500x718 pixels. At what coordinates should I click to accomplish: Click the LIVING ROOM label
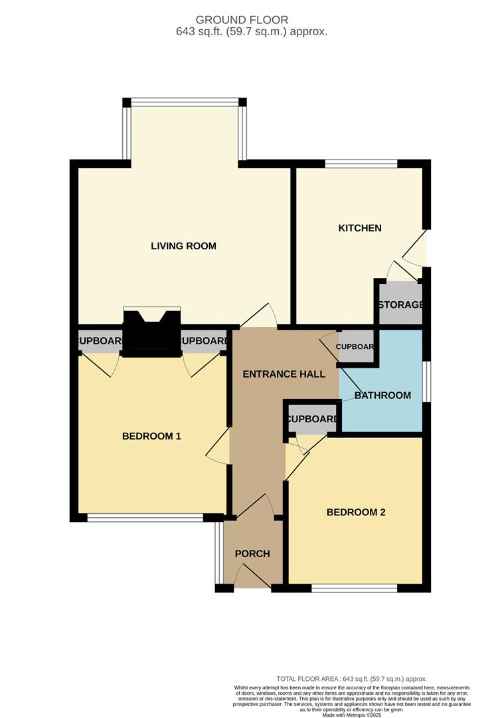coord(183,246)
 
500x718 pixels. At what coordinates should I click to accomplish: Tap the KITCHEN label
coord(360,228)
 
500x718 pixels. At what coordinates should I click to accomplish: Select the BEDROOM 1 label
coord(151,436)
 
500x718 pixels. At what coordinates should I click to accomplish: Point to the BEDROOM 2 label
coord(356,513)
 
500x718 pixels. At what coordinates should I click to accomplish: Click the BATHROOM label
coord(382,395)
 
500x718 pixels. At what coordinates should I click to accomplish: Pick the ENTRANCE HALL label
coord(284,374)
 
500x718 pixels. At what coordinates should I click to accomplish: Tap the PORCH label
coord(252,554)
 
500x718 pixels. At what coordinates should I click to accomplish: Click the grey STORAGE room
coord(400,304)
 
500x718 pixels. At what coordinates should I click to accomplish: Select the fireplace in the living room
coord(152,332)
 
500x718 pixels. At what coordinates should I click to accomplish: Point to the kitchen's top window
coord(361,164)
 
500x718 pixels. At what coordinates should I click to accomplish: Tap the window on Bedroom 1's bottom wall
coord(145,517)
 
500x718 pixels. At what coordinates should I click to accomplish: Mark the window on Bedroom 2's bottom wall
coord(355,588)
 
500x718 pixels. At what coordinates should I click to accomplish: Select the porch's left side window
coord(218,552)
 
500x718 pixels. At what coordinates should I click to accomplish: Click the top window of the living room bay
coord(185,102)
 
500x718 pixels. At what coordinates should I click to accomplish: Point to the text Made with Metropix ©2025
coord(351,714)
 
